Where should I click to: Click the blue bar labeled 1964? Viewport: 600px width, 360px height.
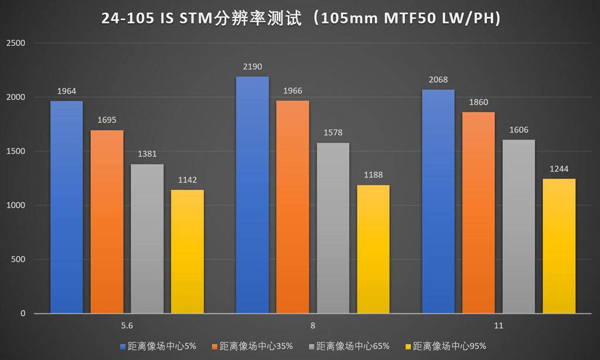pyautogui.click(x=66, y=207)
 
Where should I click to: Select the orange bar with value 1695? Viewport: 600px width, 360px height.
pyautogui.click(x=107, y=222)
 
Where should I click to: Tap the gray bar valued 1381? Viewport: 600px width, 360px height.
pyautogui.click(x=147, y=239)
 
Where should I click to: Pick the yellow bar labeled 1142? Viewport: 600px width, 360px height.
pyautogui.click(x=187, y=252)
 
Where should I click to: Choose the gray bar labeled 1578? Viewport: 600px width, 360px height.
pyautogui.click(x=332, y=228)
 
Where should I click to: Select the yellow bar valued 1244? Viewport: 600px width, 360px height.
pyautogui.click(x=559, y=246)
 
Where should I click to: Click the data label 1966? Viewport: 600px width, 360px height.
pyautogui.click(x=292, y=91)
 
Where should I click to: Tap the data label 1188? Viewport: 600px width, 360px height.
pyautogui.click(x=373, y=175)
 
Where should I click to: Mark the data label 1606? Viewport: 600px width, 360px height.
pyautogui.click(x=519, y=130)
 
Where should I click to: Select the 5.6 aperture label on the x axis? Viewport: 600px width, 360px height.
pyautogui.click(x=127, y=326)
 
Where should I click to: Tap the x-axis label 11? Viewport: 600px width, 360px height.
pyautogui.click(x=498, y=326)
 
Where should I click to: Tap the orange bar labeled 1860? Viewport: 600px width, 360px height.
pyautogui.click(x=478, y=213)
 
